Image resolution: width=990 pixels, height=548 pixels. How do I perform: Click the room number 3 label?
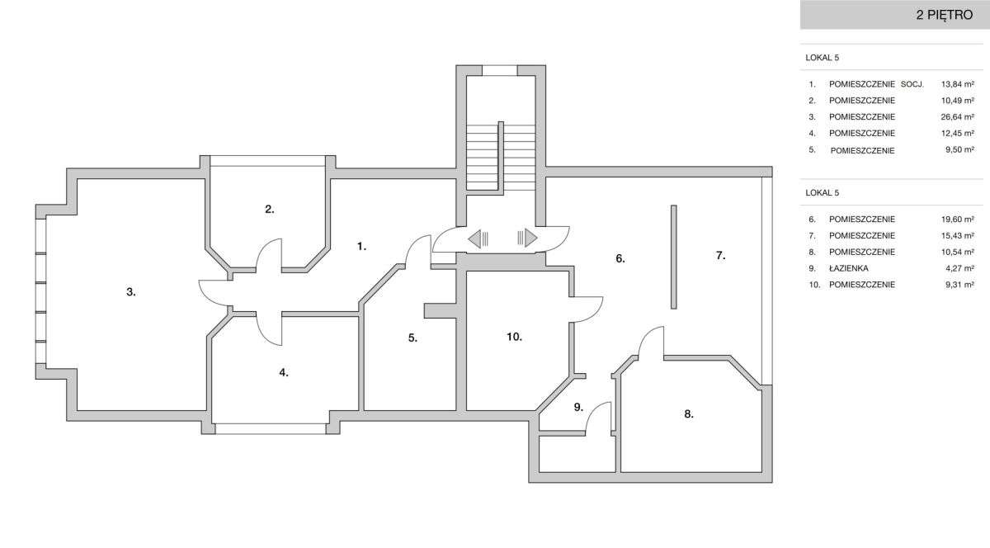(x=131, y=292)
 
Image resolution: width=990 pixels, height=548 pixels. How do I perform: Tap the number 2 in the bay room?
(x=270, y=209)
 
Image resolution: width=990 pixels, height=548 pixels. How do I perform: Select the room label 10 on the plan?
(x=515, y=337)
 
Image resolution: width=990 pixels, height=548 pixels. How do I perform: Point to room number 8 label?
(x=689, y=414)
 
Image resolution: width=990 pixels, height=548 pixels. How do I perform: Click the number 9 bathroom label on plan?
(x=578, y=408)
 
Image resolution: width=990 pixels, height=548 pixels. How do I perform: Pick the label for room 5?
(x=412, y=338)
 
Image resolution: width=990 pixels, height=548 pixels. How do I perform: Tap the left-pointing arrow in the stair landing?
(x=478, y=239)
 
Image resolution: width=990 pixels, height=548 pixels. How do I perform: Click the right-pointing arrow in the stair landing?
(x=527, y=238)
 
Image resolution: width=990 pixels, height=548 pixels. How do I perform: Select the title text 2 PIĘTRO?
(x=945, y=15)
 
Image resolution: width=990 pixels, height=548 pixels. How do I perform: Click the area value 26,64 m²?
(x=957, y=116)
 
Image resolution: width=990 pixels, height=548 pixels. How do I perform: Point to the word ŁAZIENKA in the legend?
(x=849, y=268)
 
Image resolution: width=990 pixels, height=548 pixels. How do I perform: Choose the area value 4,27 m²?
(x=959, y=268)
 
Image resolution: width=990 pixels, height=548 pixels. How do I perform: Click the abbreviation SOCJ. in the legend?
(x=912, y=84)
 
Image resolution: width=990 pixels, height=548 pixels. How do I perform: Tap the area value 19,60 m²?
(x=957, y=219)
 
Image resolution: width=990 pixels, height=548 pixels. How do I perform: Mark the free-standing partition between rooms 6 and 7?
(x=673, y=257)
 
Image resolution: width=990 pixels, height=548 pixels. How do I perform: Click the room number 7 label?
(x=720, y=255)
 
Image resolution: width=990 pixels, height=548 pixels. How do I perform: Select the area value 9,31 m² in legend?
(x=959, y=285)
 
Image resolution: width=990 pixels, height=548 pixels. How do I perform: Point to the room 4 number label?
(x=284, y=372)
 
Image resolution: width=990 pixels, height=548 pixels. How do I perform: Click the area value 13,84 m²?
(x=957, y=84)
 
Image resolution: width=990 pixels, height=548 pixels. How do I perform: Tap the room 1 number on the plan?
(x=361, y=247)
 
